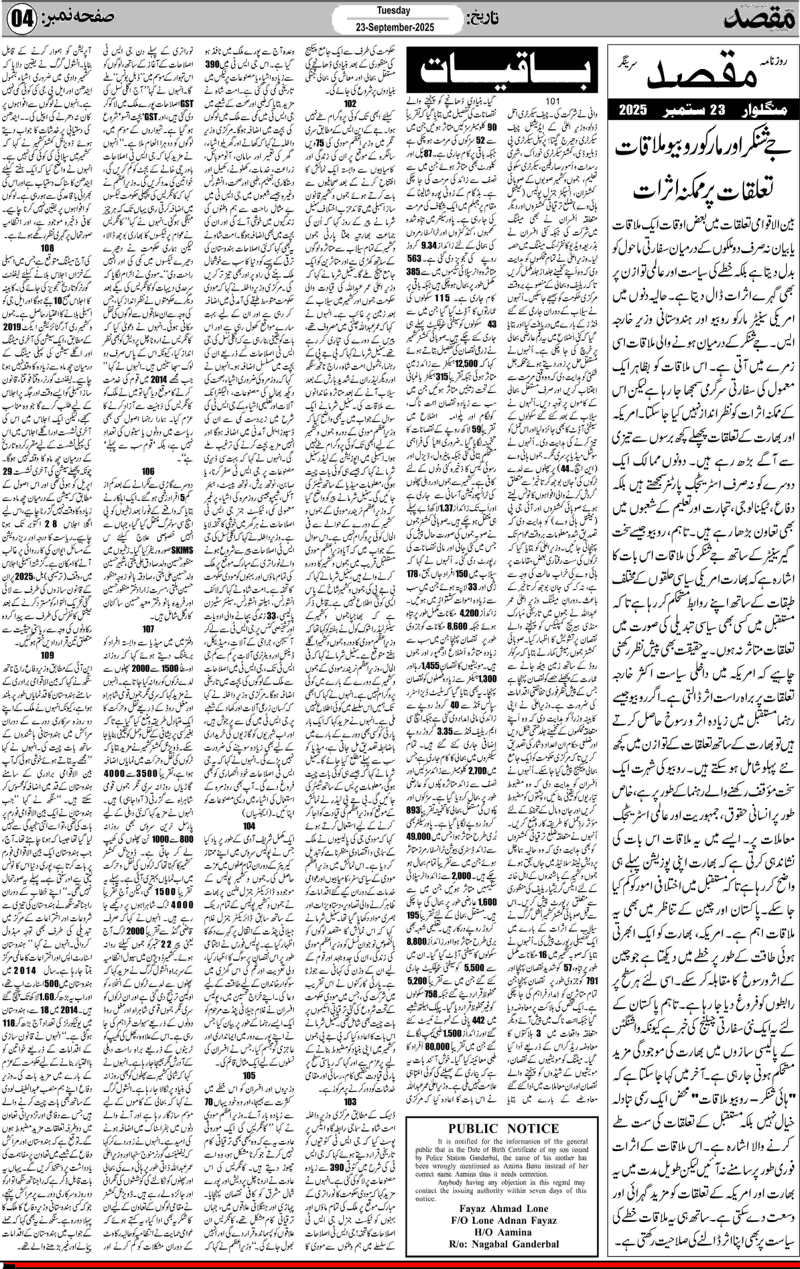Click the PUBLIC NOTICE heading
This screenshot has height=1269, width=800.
tap(503, 1128)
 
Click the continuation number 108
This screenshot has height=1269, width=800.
tap(47, 248)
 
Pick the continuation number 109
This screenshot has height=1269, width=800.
tap(47, 655)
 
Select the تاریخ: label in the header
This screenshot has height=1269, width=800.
tap(482, 19)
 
